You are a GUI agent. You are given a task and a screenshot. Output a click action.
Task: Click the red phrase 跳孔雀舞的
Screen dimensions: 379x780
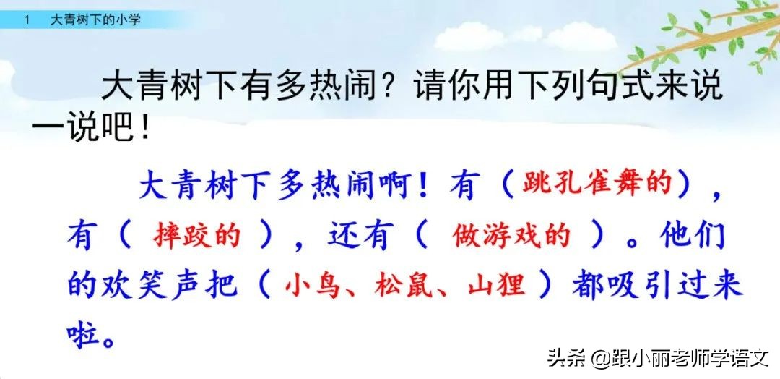597,187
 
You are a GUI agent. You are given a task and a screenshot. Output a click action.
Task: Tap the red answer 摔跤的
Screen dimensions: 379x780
196,236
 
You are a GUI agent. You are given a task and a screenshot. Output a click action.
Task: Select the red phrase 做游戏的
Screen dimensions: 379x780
511,236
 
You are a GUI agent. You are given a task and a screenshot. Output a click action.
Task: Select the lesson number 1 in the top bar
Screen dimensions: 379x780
27,20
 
